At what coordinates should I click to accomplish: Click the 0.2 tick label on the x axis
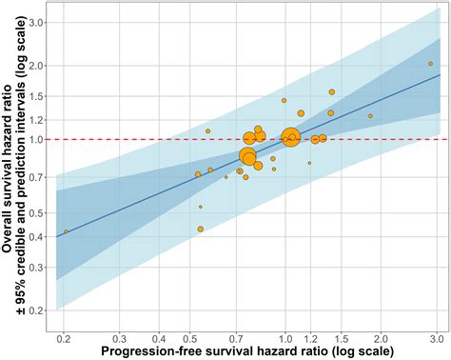tap(64, 338)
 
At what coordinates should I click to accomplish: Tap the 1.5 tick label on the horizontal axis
tap(341, 338)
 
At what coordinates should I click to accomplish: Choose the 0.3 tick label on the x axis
tap(119, 338)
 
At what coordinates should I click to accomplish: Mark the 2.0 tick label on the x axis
tap(381, 338)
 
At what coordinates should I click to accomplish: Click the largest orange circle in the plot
tap(291, 138)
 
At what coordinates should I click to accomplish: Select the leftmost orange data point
tap(66, 231)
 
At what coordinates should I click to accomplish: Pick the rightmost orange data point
tap(431, 64)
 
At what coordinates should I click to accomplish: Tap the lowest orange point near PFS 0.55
tap(200, 229)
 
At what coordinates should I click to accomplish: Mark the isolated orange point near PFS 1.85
tap(371, 116)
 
